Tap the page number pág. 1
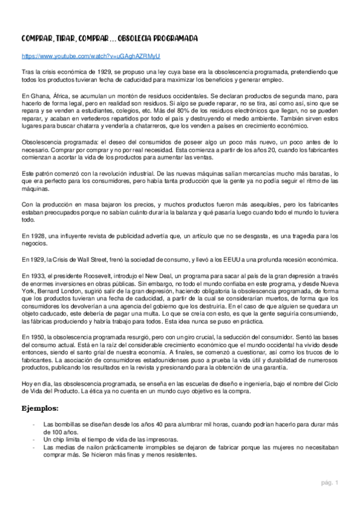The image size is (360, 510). pos(330,482)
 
